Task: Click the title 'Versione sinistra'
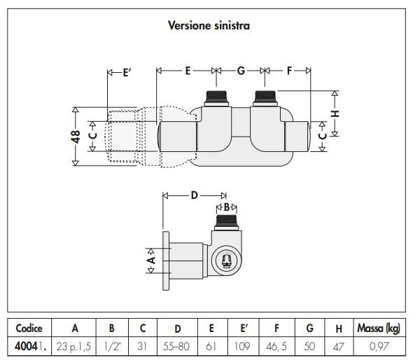[x=209, y=26]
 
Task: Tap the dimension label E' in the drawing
[x=127, y=73]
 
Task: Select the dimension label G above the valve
[x=241, y=71]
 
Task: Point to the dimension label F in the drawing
[x=289, y=71]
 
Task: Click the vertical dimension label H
[x=335, y=113]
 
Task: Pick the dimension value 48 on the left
[x=76, y=137]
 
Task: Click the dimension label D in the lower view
[x=194, y=195]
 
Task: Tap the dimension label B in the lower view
[x=227, y=207]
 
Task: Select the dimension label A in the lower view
[x=151, y=260]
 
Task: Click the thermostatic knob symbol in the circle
[x=226, y=260]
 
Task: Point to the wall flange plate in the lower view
[x=166, y=261]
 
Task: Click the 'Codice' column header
[x=29, y=328]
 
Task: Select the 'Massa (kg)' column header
[x=379, y=328]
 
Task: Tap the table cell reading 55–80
[x=176, y=346]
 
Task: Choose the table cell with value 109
[x=242, y=346]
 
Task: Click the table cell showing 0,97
[x=379, y=346]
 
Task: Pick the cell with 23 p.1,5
[x=73, y=347]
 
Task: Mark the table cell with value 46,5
[x=276, y=346]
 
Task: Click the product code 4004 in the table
[x=26, y=346]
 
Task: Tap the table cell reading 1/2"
[x=112, y=346]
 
